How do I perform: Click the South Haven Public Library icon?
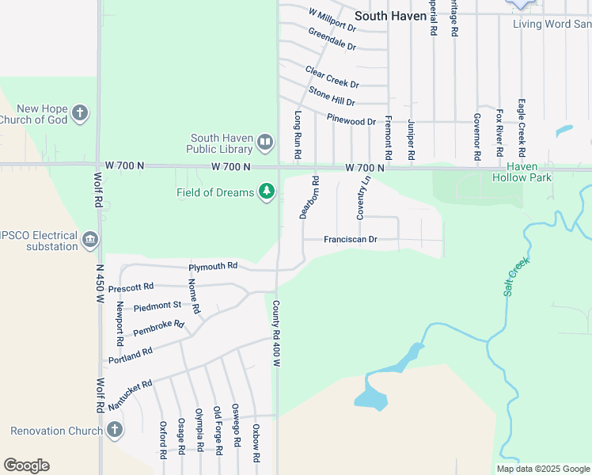click(264, 143)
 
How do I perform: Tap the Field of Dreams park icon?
click(268, 192)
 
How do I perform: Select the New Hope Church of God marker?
click(79, 113)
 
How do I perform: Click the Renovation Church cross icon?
click(115, 431)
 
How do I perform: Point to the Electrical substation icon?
click(90, 239)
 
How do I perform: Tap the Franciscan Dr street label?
click(351, 239)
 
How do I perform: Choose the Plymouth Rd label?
click(212, 266)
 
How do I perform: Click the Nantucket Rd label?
click(129, 393)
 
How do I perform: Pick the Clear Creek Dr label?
click(332, 78)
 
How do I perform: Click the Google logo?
click(26, 465)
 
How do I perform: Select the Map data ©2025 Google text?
click(542, 469)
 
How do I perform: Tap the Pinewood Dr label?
click(351, 121)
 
